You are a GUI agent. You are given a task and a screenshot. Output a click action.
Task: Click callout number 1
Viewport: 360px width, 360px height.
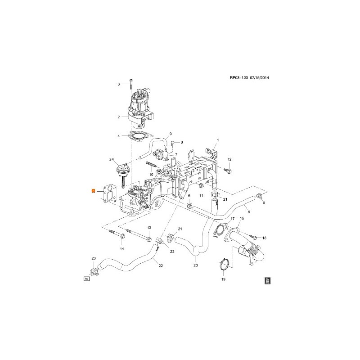pyautogui.click(x=217, y=140)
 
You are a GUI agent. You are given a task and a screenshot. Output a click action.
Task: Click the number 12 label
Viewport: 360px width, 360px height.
pyautogui.click(x=229, y=159)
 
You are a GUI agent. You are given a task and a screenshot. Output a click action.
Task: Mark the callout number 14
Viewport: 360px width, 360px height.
pyautogui.click(x=122, y=249)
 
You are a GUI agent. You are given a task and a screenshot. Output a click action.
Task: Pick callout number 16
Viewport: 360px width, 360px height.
pyautogui.click(x=242, y=218)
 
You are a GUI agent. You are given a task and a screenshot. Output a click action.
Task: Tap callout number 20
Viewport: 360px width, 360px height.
pyautogui.click(x=196, y=265)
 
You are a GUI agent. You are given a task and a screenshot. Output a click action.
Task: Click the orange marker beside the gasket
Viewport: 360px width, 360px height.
pyautogui.click(x=93, y=191)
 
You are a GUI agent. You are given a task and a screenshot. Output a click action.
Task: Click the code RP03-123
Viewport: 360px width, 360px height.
pyautogui.click(x=239, y=78)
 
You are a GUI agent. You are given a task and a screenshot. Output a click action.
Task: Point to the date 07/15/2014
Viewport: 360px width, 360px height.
pyautogui.click(x=263, y=78)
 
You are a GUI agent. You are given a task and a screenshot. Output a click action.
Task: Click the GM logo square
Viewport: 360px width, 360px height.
pyautogui.click(x=267, y=281)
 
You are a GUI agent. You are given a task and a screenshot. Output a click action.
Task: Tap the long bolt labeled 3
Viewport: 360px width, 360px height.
pyautogui.click(x=130, y=84)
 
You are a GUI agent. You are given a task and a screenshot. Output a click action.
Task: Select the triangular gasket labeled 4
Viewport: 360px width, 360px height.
pyautogui.click(x=139, y=135)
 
